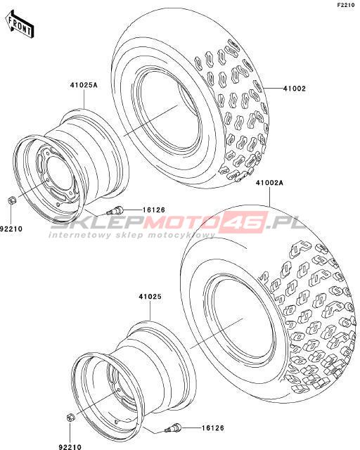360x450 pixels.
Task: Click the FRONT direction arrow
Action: [x=20, y=25]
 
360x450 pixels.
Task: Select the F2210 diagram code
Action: [x=348, y=5]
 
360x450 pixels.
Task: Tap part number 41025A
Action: [x=83, y=85]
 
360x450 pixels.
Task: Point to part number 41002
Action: [x=295, y=89]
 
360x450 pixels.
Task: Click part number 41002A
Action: [x=270, y=183]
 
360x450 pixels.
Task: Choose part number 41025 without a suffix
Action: [x=150, y=297]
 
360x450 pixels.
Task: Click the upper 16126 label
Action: [x=154, y=210]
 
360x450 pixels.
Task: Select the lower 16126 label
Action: [x=212, y=428]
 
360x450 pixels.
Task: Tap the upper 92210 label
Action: [x=11, y=229]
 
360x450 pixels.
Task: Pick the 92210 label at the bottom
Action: [x=70, y=447]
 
